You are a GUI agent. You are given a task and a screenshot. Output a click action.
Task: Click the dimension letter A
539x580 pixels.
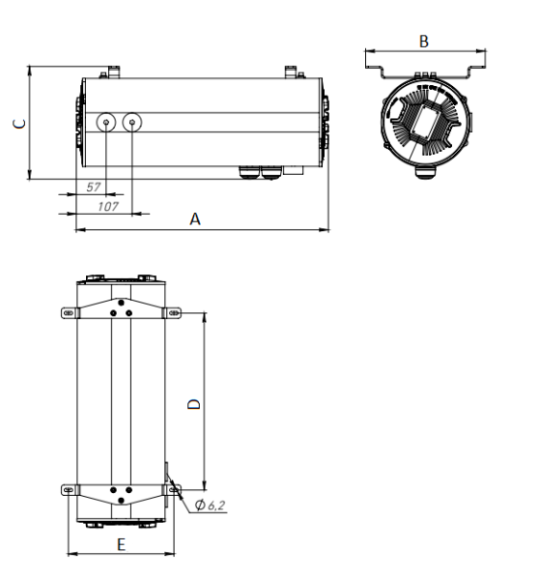point(195,219)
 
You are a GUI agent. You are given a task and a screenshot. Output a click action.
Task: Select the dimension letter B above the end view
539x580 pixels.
point(423,42)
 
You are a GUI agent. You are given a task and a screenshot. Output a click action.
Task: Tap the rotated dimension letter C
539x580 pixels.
point(16,123)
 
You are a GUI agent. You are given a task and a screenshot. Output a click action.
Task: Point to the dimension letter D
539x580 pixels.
point(193,404)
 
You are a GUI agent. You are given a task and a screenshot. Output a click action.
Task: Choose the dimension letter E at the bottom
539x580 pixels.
point(121,545)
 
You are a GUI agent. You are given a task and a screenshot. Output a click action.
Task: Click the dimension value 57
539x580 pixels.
point(94,185)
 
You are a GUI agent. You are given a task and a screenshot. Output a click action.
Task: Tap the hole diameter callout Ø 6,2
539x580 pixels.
point(211,506)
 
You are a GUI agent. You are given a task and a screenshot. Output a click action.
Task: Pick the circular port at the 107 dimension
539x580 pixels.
point(132,122)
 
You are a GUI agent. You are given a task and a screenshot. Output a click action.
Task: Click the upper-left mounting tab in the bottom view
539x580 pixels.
point(70,312)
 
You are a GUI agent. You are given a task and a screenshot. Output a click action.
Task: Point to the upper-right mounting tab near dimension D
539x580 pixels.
point(174,312)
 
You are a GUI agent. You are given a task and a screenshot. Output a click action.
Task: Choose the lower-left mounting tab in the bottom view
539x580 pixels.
point(70,490)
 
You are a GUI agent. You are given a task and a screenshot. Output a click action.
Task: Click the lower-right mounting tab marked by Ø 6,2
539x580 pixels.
point(174,490)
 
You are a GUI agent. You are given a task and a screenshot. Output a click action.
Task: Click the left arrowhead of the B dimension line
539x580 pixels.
point(368,49)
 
